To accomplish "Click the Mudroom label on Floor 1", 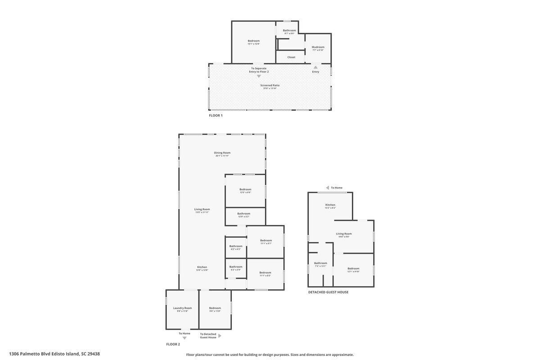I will (x=318, y=47).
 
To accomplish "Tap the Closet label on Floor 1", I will (x=291, y=57).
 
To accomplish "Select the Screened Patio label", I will (x=270, y=85).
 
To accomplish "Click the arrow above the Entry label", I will (x=315, y=67).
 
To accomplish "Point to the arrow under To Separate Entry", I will (x=259, y=76).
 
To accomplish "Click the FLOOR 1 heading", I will (x=216, y=116).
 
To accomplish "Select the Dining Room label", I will (x=222, y=153).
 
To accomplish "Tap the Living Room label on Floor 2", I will (x=202, y=209).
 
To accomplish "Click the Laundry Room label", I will (x=182, y=308).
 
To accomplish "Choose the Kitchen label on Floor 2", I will (x=202, y=267).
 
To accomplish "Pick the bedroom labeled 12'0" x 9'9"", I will (x=245, y=189).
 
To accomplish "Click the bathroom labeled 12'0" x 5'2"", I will (x=244, y=214).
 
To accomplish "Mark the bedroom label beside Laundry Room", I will (x=215, y=308).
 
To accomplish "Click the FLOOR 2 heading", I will (x=173, y=344).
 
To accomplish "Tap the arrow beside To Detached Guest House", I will (x=220, y=336).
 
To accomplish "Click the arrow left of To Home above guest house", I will (x=328, y=188).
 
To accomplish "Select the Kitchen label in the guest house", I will (x=330, y=205).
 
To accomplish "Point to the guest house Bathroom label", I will (x=320, y=263).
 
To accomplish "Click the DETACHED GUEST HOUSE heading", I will (x=328, y=292).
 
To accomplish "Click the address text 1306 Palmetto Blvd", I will (x=54, y=354).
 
